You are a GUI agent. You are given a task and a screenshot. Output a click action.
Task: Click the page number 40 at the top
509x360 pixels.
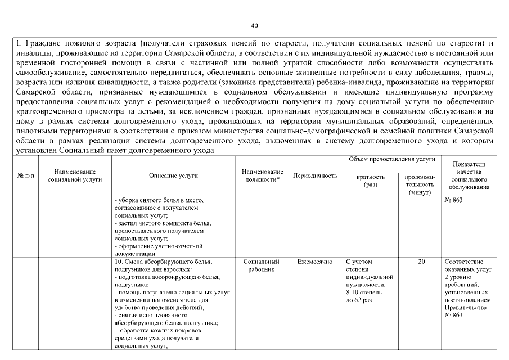tap(254, 26)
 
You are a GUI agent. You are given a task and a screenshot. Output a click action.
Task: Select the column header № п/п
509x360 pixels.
tap(24, 175)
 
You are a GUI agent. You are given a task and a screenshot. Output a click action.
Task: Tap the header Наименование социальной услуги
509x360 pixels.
tap(75, 175)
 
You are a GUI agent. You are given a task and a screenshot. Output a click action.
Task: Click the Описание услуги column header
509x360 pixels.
tap(173, 175)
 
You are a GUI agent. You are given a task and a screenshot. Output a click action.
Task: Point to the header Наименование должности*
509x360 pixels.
tap(262, 175)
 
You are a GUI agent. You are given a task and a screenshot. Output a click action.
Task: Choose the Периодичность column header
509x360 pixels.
tap(315, 175)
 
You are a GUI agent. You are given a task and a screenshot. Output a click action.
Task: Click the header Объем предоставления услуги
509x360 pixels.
tap(392, 160)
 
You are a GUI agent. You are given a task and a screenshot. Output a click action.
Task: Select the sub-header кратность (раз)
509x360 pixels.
tap(371, 180)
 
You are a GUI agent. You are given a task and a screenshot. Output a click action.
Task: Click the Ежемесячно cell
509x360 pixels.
tap(315, 262)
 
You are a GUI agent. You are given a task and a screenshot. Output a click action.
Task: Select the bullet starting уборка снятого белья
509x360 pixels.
tap(155, 201)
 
